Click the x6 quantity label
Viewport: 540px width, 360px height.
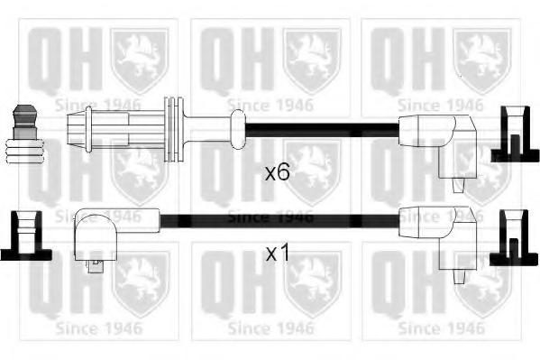tap(278, 172)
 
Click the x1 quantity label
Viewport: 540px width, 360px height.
tap(278, 254)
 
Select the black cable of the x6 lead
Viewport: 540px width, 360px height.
tap(322, 130)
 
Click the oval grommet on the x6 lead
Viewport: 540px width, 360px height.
tap(238, 129)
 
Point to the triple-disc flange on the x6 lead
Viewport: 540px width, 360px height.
tap(174, 129)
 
